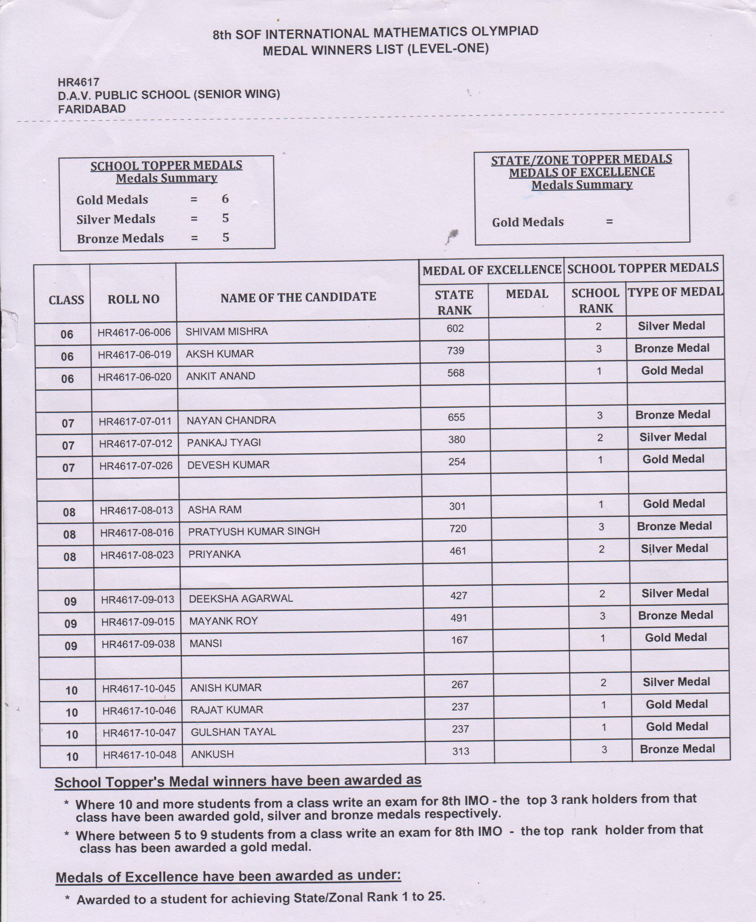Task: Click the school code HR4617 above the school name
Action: click(x=78, y=82)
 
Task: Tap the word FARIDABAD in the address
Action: click(x=92, y=109)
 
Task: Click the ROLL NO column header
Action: click(x=133, y=299)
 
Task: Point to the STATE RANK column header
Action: click(x=454, y=302)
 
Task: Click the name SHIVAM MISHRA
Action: click(x=226, y=332)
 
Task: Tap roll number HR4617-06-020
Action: click(x=135, y=377)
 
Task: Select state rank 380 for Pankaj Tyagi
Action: click(x=456, y=440)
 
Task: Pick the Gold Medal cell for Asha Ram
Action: click(x=674, y=504)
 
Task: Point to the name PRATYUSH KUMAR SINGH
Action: click(x=254, y=531)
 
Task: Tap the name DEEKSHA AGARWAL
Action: click(x=241, y=599)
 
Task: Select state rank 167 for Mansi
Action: click(x=459, y=640)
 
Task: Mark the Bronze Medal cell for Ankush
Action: click(x=677, y=749)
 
